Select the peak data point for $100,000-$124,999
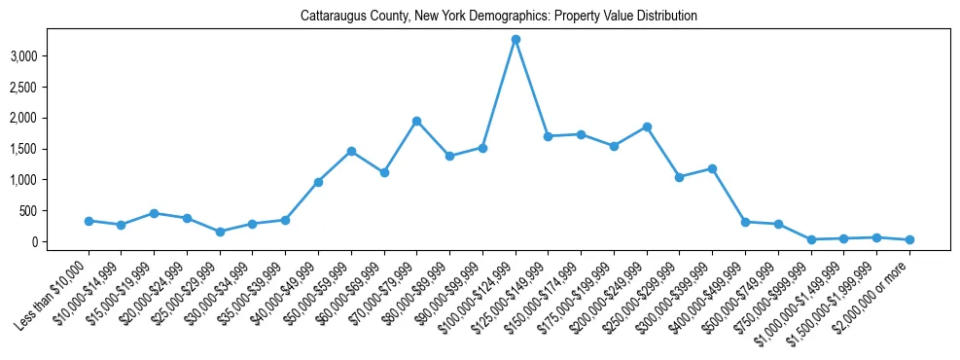[x=516, y=39]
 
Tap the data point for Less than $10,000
[x=89, y=221]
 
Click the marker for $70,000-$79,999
[x=416, y=121]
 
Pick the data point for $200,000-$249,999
[x=647, y=126]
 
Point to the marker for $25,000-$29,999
[x=220, y=232]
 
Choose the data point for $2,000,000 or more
[x=909, y=239]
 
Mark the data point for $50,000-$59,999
[x=351, y=151]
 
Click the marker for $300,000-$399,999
[x=712, y=168]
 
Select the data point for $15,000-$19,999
[x=154, y=213]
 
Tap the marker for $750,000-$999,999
[x=811, y=239]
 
